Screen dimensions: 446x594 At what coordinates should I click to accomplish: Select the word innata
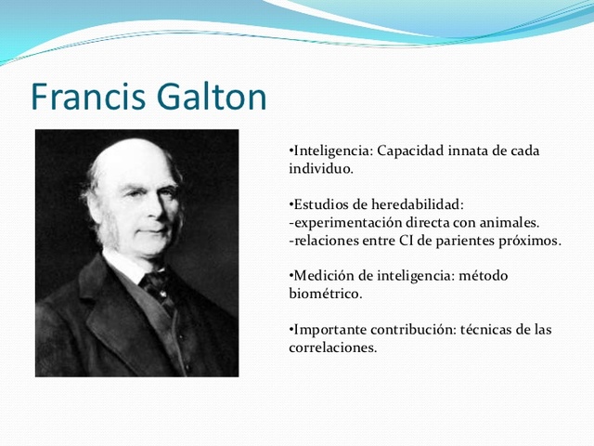[470, 151]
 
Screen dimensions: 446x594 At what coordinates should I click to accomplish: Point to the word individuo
[319, 170]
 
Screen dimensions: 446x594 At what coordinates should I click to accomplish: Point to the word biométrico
[324, 294]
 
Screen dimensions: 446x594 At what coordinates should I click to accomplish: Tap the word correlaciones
[331, 348]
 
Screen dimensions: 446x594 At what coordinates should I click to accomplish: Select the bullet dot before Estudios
[291, 204]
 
